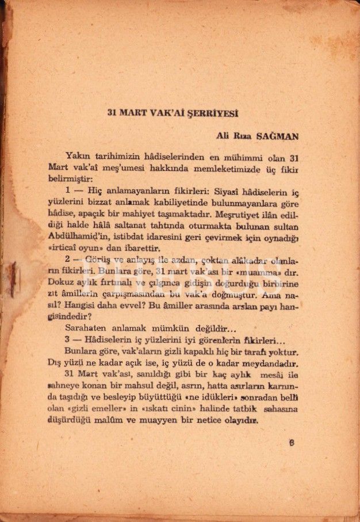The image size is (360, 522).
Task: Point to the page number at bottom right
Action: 292,444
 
